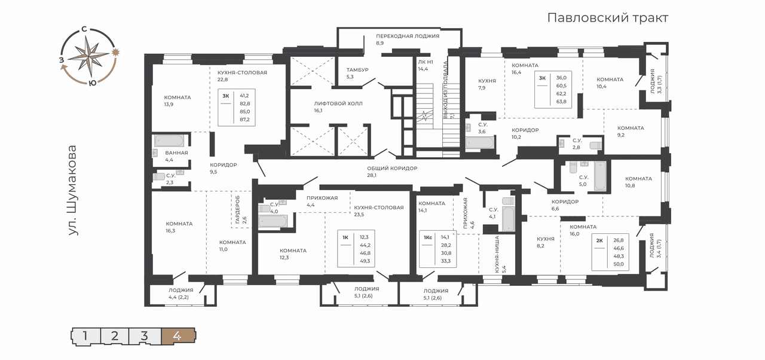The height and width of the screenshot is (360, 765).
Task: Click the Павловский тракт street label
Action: pyautogui.click(x=608, y=18)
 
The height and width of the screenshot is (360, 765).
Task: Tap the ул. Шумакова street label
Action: pyautogui.click(x=72, y=190)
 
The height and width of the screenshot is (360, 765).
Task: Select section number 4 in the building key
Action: pyautogui.click(x=178, y=336)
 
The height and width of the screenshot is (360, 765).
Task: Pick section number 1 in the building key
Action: pyautogui.click(x=85, y=336)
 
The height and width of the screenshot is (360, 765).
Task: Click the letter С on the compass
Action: pyautogui.click(x=84, y=29)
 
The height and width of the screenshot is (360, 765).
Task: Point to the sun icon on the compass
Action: pyautogui.click(x=116, y=52)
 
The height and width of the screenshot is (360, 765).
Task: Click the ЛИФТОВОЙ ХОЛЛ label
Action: pyautogui.click(x=338, y=103)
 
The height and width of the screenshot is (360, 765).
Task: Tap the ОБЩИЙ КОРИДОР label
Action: pyautogui.click(x=392, y=169)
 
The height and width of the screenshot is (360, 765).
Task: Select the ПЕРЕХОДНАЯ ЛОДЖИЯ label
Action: pyautogui.click(x=408, y=36)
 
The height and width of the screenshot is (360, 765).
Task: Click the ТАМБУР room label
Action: pyautogui.click(x=357, y=70)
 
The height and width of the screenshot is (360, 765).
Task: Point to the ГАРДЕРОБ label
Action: pyautogui.click(x=237, y=210)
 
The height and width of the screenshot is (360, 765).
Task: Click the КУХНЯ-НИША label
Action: pyautogui.click(x=497, y=254)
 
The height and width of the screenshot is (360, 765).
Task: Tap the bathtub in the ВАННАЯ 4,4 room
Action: pyautogui.click(x=169, y=141)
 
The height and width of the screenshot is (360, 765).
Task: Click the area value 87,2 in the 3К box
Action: pyautogui.click(x=244, y=120)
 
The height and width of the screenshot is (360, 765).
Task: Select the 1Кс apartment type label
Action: pyautogui.click(x=428, y=237)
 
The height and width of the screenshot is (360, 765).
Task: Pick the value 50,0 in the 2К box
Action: pyautogui.click(x=619, y=264)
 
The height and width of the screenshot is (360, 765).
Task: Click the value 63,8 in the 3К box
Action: pyautogui.click(x=561, y=102)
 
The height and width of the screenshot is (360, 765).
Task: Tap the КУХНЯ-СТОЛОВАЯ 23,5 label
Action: pyautogui.click(x=379, y=208)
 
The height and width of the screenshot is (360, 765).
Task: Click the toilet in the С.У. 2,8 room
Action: pyautogui.click(x=596, y=145)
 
